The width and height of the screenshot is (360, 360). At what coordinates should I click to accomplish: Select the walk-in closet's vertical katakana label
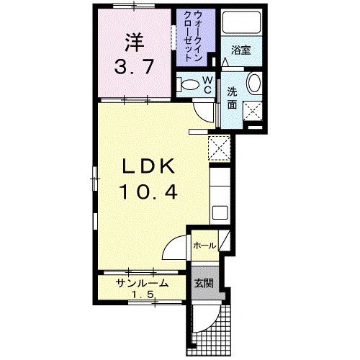tap(193, 36)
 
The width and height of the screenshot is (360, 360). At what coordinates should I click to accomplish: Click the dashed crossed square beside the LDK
tap(217, 148)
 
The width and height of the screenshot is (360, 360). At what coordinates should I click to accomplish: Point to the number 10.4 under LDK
tap(148, 192)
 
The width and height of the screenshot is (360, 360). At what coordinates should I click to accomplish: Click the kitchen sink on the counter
tap(220, 212)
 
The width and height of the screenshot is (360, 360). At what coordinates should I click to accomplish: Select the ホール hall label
tap(203, 246)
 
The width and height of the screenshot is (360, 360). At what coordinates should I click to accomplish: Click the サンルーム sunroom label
tap(143, 283)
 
